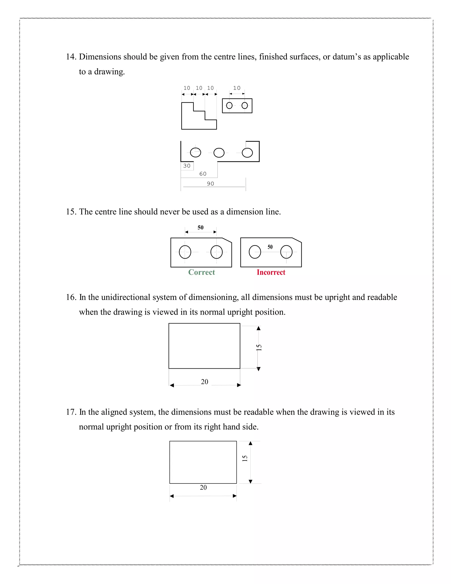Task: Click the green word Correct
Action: click(201, 272)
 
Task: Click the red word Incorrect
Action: click(271, 272)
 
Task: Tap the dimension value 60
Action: click(203, 174)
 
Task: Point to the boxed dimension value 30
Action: click(187, 166)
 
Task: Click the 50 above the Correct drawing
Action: click(200, 228)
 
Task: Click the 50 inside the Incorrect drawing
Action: click(270, 247)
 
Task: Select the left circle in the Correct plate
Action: click(185, 252)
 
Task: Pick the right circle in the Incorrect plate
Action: click(286, 252)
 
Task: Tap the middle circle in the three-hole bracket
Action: click(219, 153)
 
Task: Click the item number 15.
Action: click(71, 212)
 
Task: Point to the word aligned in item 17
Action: click(114, 412)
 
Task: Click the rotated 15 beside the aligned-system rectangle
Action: click(245, 458)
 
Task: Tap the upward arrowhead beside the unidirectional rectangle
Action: click(258, 328)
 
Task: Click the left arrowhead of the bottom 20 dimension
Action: click(172, 496)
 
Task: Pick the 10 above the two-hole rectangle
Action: click(237, 88)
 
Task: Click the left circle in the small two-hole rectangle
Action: click(229, 105)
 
